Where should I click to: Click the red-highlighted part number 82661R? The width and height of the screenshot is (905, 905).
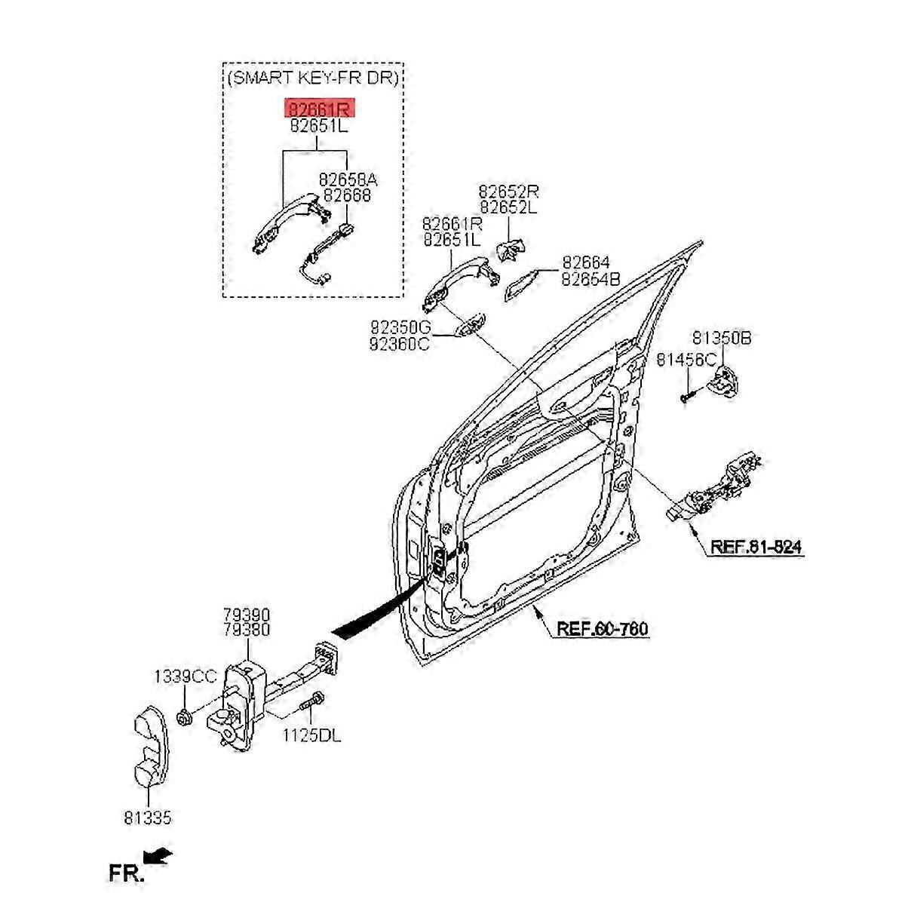pos(318,109)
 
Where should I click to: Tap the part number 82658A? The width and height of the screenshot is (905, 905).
pos(347,179)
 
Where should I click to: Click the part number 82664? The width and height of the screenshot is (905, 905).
pos(585,262)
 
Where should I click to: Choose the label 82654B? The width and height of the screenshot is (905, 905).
pos(590,279)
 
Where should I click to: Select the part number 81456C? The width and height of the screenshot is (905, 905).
pos(686,360)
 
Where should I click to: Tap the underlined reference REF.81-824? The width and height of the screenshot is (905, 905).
pos(756,547)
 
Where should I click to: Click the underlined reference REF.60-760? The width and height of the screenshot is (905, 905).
pos(602,628)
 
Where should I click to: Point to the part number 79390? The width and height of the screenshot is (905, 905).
pos(246,615)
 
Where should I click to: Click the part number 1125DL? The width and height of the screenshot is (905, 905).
pos(311,735)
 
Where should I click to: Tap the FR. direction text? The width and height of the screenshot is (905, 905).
pos(126,873)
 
